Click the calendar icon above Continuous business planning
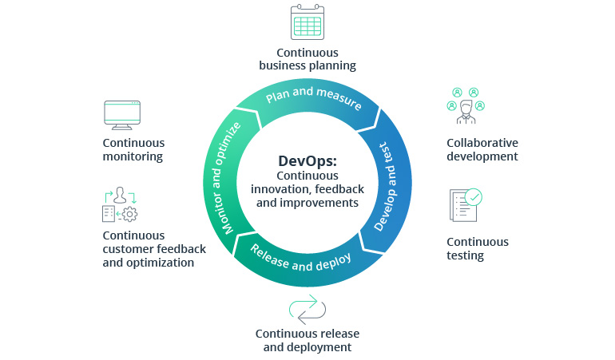pos(307,23)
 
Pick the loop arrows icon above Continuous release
pos(307,308)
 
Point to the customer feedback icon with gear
pos(121,205)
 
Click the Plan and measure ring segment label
pos(312,96)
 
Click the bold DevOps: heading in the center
pos(307,160)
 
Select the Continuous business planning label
pos(307,58)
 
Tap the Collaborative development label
pos(482,149)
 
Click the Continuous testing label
pos(478,248)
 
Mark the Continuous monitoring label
pos(133,149)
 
